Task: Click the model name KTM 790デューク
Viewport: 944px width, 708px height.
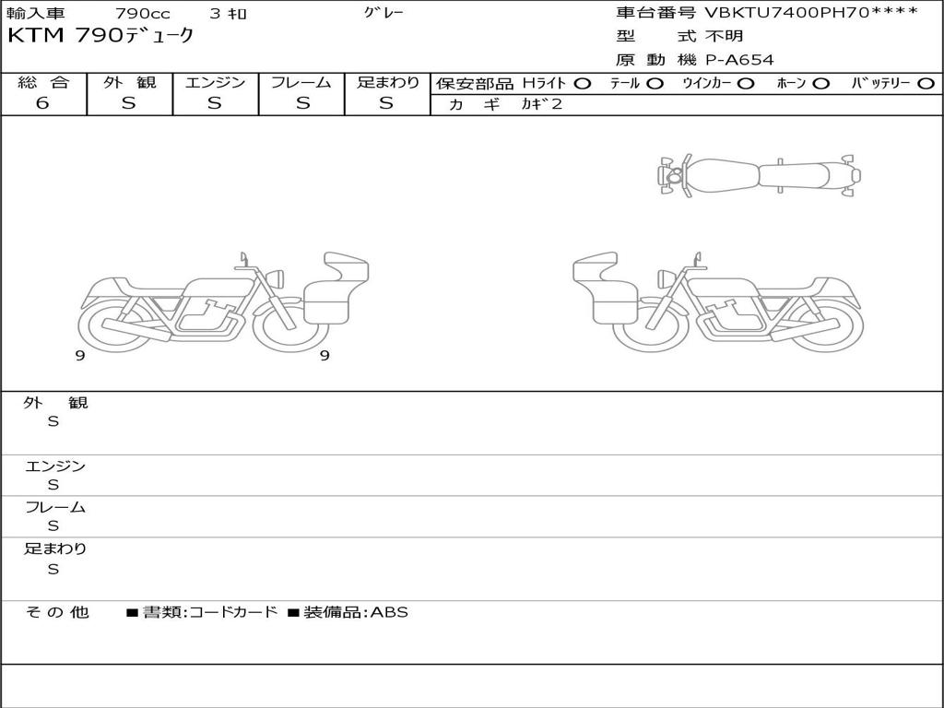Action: point(100,36)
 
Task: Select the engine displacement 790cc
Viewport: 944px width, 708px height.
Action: point(143,13)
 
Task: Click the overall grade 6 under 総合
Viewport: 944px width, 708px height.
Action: point(42,103)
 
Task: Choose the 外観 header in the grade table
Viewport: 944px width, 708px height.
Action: point(129,82)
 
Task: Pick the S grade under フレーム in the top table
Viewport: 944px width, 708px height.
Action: point(302,103)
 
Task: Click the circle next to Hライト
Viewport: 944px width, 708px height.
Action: point(583,84)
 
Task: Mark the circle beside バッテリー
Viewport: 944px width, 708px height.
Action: point(926,84)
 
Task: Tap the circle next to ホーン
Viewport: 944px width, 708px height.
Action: point(820,84)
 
